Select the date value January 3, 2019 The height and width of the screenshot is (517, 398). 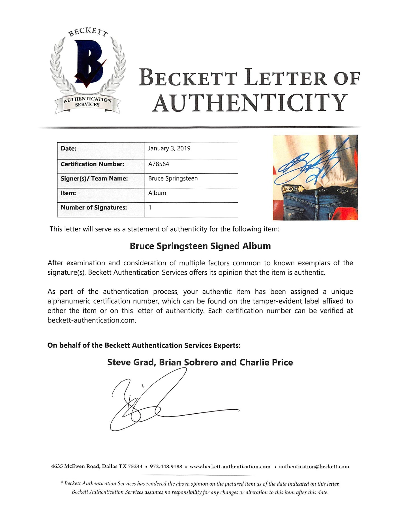coord(169,148)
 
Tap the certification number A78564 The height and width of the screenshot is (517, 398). coord(159,164)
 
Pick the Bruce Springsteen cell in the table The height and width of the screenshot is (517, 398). coord(173,178)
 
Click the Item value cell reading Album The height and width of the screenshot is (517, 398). coord(157,193)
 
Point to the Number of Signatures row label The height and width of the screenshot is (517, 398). coord(94,208)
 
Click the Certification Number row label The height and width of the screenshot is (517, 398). coord(92,164)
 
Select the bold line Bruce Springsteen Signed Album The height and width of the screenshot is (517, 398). coord(200,246)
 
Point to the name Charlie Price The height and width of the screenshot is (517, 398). coord(266,362)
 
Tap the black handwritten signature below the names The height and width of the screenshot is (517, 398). coord(159,402)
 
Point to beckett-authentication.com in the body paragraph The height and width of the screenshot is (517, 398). coord(92,320)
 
